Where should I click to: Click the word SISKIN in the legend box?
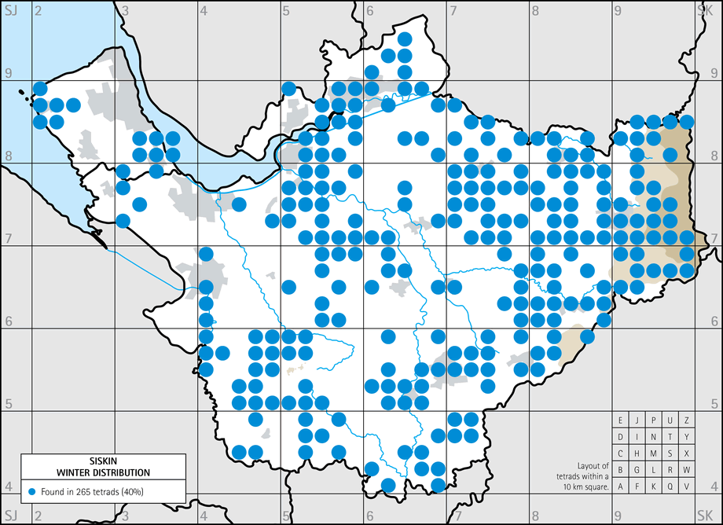click(104, 463)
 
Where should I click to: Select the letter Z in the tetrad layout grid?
click(686, 420)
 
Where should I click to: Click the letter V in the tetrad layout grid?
click(686, 486)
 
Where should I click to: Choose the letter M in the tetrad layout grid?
click(653, 453)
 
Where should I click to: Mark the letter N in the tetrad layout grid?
click(653, 436)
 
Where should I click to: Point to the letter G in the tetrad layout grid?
click(637, 470)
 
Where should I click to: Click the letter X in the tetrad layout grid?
click(686, 453)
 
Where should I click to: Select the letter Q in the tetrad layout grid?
click(670, 486)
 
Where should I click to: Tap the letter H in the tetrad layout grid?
click(637, 453)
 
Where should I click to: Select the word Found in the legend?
click(53, 491)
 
